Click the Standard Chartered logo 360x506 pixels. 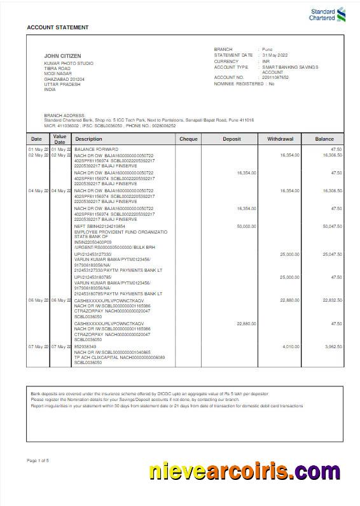pyautogui.click(x=327, y=13)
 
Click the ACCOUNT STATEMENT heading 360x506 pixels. pyautogui.click(x=58, y=27)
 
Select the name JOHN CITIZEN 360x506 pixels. pyautogui.click(x=62, y=56)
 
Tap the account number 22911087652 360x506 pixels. pyautogui.click(x=275, y=77)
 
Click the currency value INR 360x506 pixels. pyautogui.click(x=267, y=61)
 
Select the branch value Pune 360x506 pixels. pyautogui.click(x=268, y=49)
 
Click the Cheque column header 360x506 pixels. pyautogui.click(x=188, y=138)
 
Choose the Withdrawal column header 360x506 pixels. pyautogui.click(x=280, y=138)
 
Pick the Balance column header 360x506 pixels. pyautogui.click(x=324, y=138)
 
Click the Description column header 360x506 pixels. pyautogui.click(x=88, y=138)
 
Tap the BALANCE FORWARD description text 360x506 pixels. pyautogui.click(x=96, y=149)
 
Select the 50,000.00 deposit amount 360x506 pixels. pyautogui.click(x=246, y=226)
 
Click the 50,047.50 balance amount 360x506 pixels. pyautogui.click(x=332, y=226)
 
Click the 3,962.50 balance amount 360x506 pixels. pyautogui.click(x=333, y=346)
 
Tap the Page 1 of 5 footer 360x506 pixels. pyautogui.click(x=38, y=460)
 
